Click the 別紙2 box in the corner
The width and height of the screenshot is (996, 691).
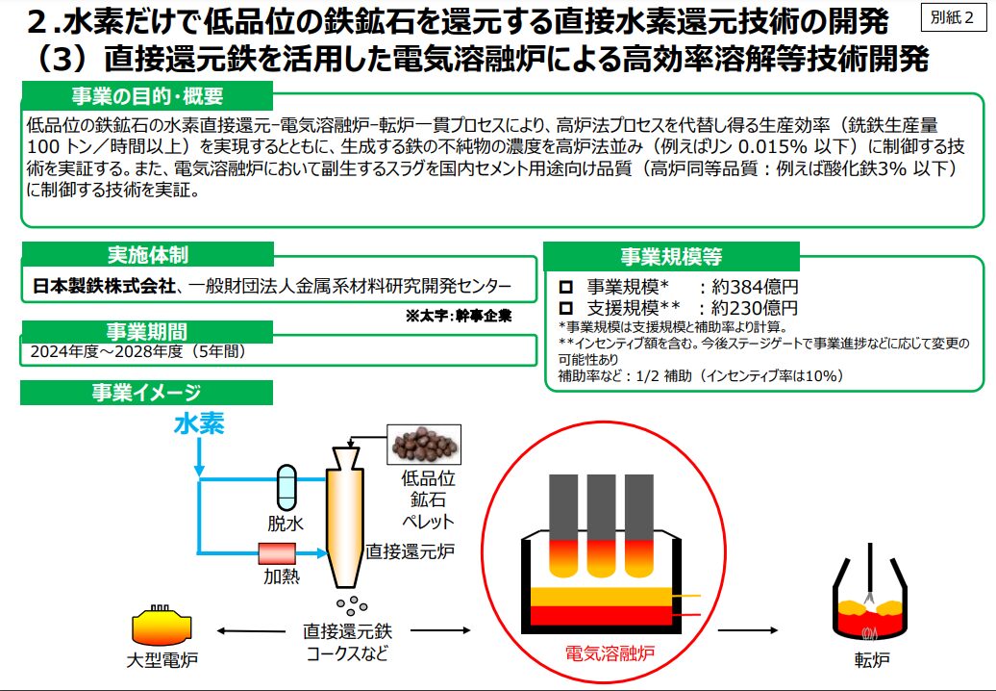click(953, 19)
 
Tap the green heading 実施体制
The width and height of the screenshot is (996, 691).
click(147, 255)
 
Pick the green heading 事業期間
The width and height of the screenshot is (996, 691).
click(147, 332)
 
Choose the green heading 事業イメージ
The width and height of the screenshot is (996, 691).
click(147, 392)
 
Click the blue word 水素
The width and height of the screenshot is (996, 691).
click(200, 424)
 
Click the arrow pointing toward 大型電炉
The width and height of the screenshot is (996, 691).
click(241, 631)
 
